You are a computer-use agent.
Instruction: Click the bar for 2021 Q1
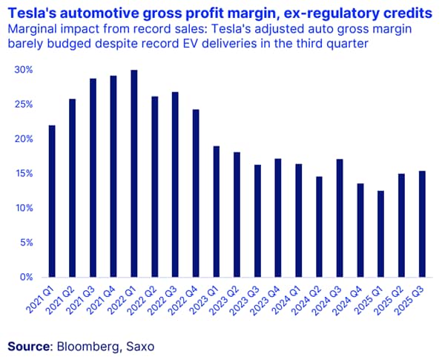coord(53,201)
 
